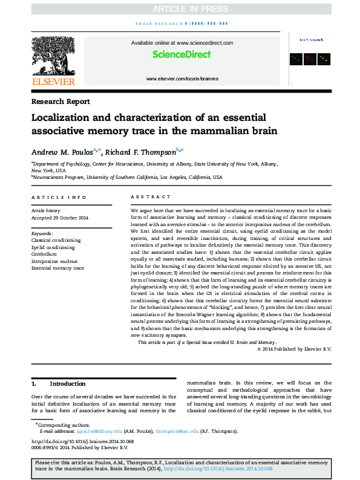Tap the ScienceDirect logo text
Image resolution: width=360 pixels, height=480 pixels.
181,54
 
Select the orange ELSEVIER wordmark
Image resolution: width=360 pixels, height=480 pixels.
53,82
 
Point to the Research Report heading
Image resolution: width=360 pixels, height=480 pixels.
61,102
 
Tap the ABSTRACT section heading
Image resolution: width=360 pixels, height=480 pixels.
146,198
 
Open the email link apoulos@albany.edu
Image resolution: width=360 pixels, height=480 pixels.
99,432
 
